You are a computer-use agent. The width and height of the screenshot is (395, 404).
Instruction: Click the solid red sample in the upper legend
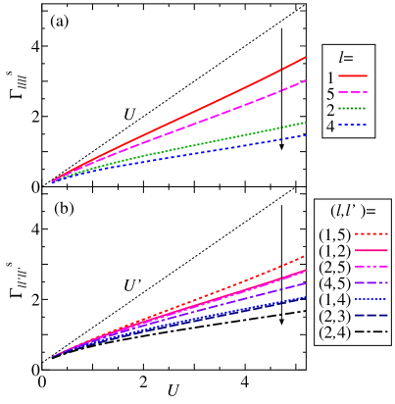pos(353,76)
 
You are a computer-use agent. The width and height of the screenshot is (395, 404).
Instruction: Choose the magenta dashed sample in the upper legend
pos(353,92)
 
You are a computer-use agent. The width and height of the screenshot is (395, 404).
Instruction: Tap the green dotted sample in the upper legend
pos(353,108)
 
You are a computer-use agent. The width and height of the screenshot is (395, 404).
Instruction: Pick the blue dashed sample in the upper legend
pos(353,125)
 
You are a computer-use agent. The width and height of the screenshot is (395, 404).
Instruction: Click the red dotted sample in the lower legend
pos(370,234)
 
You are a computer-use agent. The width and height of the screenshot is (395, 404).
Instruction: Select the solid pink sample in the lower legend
pos(370,250)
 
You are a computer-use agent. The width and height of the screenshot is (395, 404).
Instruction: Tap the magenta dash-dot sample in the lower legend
pos(370,267)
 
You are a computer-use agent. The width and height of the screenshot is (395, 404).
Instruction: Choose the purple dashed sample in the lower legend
pos(370,282)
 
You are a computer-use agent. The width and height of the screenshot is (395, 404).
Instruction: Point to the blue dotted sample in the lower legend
pos(370,299)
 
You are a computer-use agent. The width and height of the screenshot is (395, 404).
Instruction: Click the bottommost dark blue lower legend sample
pos(370,316)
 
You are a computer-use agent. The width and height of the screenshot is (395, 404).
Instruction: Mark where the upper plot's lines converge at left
pos(52,181)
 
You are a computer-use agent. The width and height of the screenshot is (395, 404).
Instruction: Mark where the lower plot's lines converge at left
pos(52,357)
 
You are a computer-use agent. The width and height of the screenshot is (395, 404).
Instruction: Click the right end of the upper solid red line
pos(305,57)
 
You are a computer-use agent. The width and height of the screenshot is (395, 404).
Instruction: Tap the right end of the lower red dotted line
pos(305,256)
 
